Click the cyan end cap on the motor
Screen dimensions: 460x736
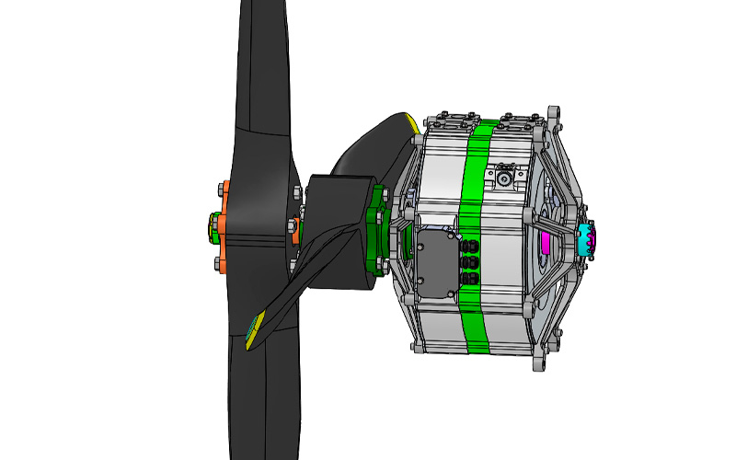[x=586, y=240]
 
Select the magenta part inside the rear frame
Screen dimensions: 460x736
[x=545, y=242]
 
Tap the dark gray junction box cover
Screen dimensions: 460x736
[x=438, y=262]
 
